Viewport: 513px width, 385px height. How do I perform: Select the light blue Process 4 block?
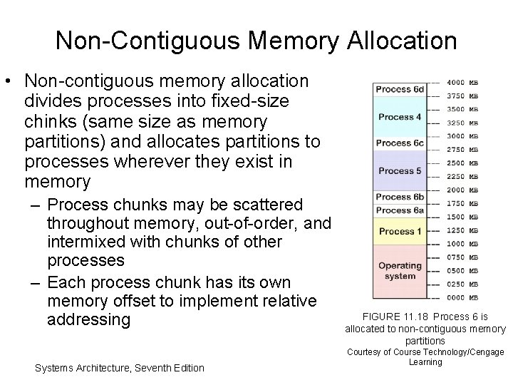(400, 116)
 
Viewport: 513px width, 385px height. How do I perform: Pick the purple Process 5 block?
(400, 170)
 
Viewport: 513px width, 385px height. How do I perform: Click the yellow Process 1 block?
(400, 231)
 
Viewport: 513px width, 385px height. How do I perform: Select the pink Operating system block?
(400, 271)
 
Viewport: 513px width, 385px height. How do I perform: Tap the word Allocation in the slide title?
(403, 41)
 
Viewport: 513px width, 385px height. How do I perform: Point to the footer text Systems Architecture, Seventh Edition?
(119, 368)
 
